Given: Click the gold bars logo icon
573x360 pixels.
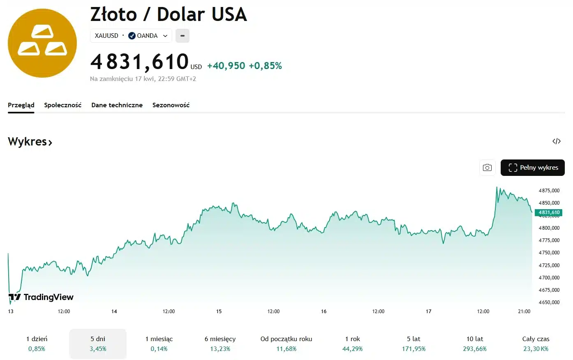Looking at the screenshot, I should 42,43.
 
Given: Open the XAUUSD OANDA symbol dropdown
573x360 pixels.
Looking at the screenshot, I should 131,36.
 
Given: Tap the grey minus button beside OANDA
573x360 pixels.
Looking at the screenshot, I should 183,36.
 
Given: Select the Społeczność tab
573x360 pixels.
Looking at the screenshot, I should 63,105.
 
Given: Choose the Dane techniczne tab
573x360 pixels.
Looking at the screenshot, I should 117,105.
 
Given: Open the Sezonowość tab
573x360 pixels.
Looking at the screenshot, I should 171,105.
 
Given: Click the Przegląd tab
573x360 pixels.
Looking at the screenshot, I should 21,105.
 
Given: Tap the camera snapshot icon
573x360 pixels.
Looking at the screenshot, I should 487,168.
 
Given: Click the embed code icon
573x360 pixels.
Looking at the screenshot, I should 557,141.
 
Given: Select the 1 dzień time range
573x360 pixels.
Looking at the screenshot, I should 37,344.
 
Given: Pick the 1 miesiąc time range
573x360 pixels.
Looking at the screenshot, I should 159,344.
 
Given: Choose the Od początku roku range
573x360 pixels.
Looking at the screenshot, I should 286,344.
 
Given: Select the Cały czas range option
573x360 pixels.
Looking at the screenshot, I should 536,344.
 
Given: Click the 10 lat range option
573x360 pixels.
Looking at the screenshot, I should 475,344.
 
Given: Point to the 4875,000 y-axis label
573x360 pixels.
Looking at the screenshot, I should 549,191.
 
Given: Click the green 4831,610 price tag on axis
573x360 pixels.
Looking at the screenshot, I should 549,212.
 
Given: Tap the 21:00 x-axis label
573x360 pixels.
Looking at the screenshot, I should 524,312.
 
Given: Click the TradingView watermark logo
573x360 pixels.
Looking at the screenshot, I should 41,297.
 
